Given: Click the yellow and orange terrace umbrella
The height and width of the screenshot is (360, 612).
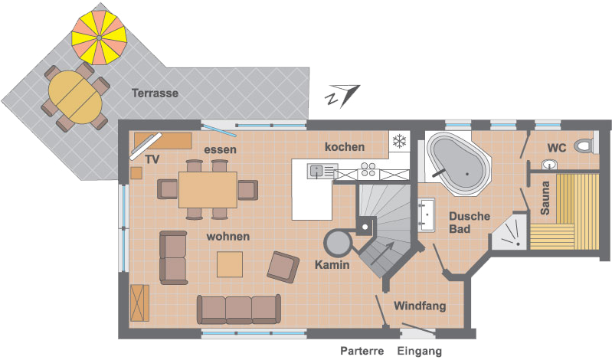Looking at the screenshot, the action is pyautogui.click(x=99, y=38).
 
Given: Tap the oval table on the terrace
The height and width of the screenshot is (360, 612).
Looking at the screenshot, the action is pyautogui.click(x=75, y=97).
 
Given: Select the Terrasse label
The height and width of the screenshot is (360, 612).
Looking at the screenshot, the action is pyautogui.click(x=155, y=93).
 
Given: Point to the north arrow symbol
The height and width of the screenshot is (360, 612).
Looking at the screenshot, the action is pyautogui.click(x=342, y=96).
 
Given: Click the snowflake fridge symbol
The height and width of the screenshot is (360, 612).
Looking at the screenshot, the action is pyautogui.click(x=399, y=142).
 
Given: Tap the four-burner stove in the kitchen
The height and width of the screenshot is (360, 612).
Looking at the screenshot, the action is pyautogui.click(x=368, y=169).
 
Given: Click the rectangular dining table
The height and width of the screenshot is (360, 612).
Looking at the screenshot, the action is pyautogui.click(x=208, y=190).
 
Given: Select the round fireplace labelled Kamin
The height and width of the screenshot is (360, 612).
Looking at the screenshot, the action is pyautogui.click(x=338, y=244).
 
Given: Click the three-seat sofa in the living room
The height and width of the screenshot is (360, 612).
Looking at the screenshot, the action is pyautogui.click(x=239, y=309).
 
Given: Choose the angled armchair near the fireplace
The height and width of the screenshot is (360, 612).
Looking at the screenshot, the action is pyautogui.click(x=283, y=267).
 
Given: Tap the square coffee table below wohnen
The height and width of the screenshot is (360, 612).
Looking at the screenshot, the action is pyautogui.click(x=230, y=264).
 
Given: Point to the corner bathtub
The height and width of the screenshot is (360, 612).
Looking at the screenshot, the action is pyautogui.click(x=458, y=163).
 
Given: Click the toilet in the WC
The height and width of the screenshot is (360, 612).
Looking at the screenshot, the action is pyautogui.click(x=583, y=146).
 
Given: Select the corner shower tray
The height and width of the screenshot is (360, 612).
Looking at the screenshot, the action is pyautogui.click(x=509, y=231).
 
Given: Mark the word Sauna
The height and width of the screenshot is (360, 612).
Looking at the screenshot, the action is pyautogui.click(x=545, y=198).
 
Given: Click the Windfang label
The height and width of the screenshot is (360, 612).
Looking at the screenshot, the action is pyautogui.click(x=420, y=306).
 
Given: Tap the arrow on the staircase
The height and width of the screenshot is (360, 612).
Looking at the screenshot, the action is pyautogui.click(x=382, y=253).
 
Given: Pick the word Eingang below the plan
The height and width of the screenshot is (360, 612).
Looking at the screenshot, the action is pyautogui.click(x=420, y=351).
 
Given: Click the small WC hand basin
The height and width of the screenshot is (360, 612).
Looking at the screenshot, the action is pyautogui.click(x=549, y=165).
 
